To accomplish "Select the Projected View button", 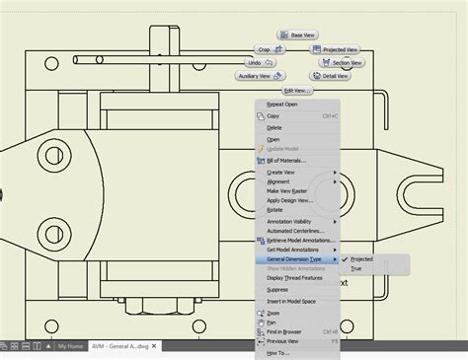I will coord(339,49).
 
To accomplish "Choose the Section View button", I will coord(341,62).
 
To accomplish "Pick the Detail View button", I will coord(335,76).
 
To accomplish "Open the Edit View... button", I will coord(297,90).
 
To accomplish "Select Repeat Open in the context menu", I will coord(282,104).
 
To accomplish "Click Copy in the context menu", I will coord(273,115).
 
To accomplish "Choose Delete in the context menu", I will coord(274,127).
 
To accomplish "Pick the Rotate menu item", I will coord(274,209).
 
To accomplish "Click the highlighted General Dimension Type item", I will coord(294,258).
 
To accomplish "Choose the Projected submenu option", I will coord(362,259).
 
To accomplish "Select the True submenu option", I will coord(356,268).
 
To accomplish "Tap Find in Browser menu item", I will coord(285,331).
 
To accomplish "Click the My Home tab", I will coord(70,347).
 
